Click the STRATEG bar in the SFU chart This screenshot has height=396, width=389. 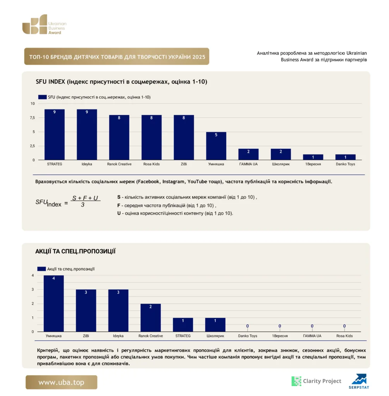point(54,134)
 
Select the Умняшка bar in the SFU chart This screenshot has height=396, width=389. point(216,146)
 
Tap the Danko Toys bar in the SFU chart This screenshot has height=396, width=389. point(346,157)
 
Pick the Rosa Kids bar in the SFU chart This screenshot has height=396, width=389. point(151,137)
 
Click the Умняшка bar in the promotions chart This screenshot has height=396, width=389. point(53,303)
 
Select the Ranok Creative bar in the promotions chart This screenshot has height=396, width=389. point(151,317)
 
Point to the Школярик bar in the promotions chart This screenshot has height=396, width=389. point(215,324)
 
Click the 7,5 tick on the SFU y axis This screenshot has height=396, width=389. point(33,118)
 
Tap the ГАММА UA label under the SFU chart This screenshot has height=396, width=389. point(248,164)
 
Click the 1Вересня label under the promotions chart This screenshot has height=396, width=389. point(280,336)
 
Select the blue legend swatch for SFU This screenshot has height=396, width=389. point(42,97)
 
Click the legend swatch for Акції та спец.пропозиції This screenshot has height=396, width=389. point(41,269)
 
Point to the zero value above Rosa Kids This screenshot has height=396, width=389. point(344,326)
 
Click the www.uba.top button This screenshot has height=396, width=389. point(61,382)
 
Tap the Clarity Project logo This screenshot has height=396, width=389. point(316,381)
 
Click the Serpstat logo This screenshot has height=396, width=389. point(359,381)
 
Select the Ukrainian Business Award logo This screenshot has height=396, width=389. point(44,24)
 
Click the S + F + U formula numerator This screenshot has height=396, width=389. point(85,198)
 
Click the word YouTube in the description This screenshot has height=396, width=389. point(197,182)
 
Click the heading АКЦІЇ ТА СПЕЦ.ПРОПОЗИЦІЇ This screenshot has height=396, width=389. point(76,251)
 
